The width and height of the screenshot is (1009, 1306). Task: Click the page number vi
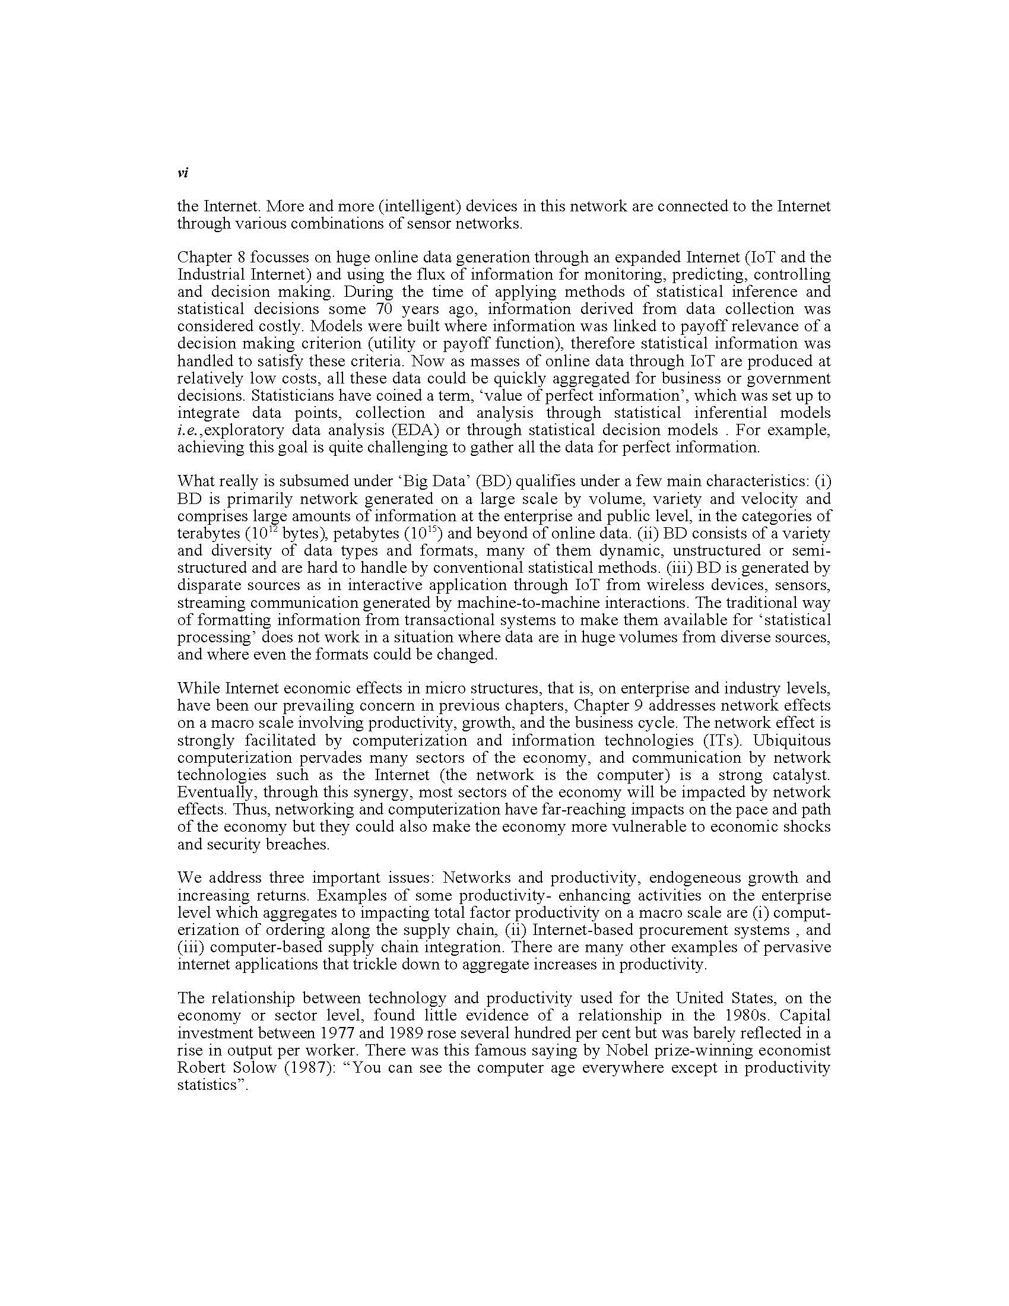click(183, 173)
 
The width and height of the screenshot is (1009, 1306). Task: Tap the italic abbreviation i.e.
click(189, 430)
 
